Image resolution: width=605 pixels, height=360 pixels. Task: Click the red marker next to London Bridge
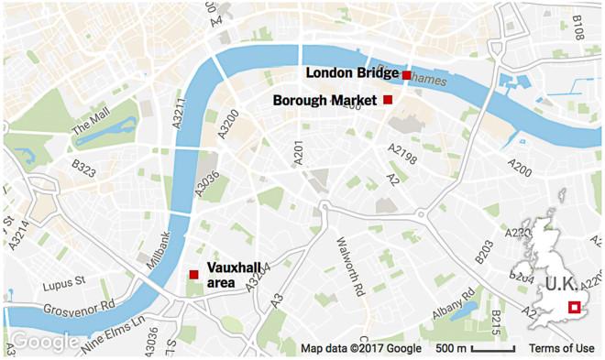[406, 74]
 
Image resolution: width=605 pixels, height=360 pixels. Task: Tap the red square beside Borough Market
[388, 99]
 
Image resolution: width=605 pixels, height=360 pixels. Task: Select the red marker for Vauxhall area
[193, 275]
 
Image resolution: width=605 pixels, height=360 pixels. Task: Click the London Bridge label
[352, 73]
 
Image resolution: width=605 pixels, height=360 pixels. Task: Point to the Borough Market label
[325, 99]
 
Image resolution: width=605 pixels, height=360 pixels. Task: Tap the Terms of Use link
[561, 348]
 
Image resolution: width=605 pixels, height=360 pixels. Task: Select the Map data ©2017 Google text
[361, 348]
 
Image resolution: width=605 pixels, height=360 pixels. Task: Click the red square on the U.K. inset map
[575, 308]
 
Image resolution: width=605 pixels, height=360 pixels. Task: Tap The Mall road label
[90, 118]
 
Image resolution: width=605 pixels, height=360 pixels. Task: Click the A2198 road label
[401, 153]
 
